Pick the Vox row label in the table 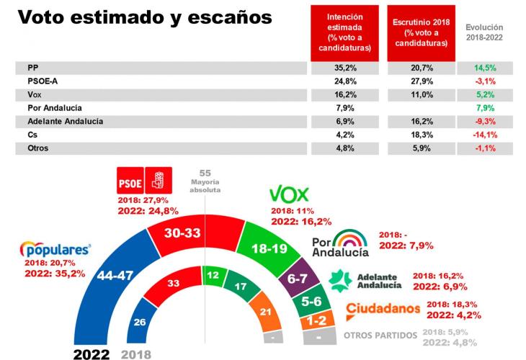point(25,94)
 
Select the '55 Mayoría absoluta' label point(205,182)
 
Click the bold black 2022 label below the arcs point(91,354)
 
